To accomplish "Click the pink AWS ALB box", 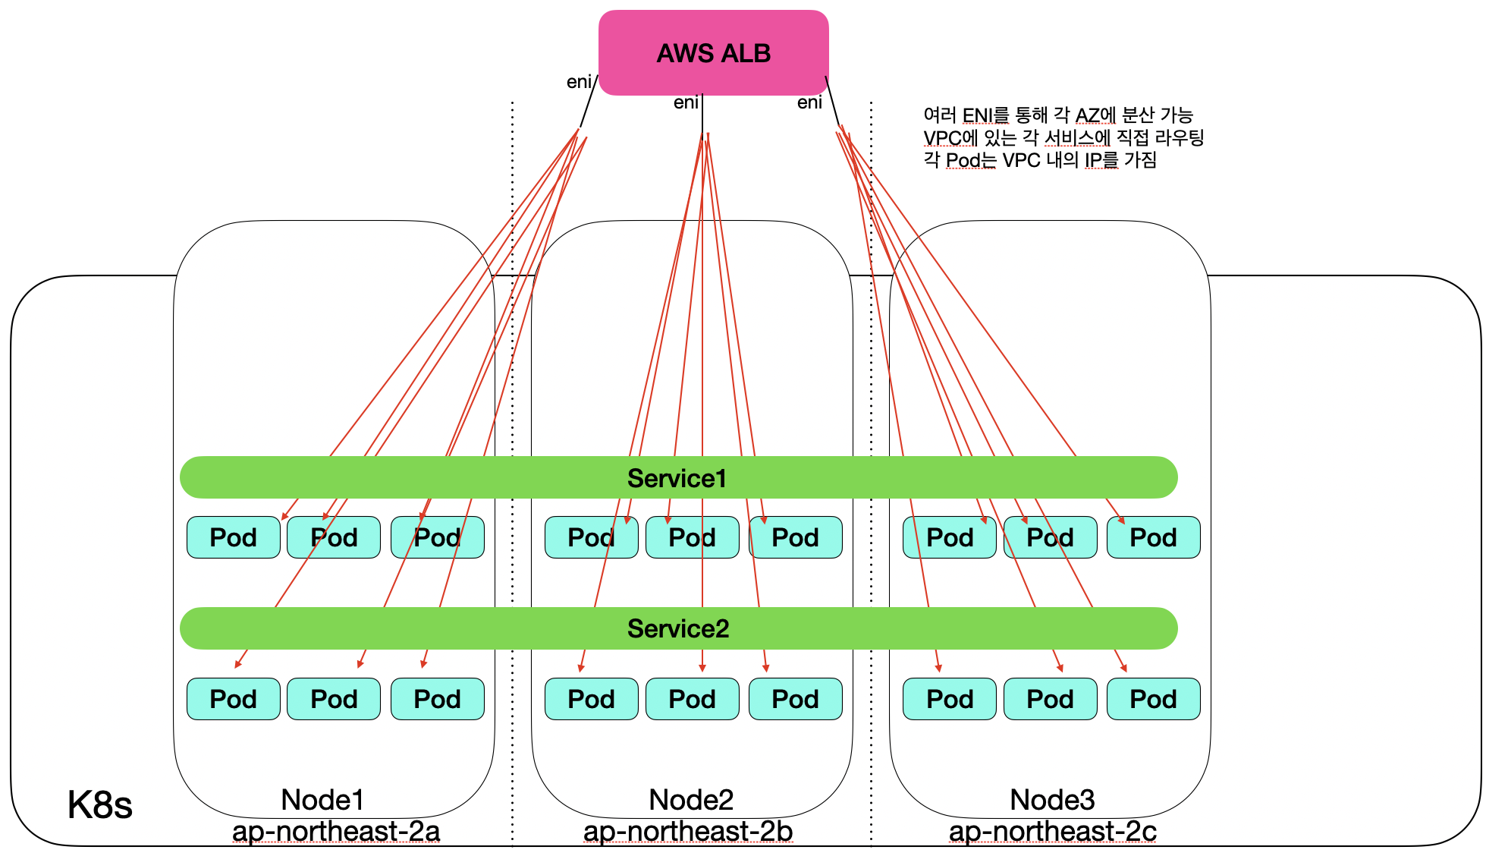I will click(713, 53).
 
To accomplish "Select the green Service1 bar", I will click(677, 478).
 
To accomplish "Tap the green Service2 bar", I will click(677, 628).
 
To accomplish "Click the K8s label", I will click(99, 804).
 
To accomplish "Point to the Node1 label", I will click(322, 800).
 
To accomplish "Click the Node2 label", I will click(691, 800).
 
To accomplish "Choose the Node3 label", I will click(1052, 800).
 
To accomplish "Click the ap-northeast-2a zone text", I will click(336, 831).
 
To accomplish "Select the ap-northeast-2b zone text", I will click(688, 831).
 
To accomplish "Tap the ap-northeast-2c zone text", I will click(1052, 831).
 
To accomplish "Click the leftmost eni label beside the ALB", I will click(579, 82).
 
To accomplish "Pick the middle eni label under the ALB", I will click(686, 102).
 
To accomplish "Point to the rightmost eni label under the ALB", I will click(809, 102).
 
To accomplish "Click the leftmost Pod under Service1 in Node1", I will click(233, 537).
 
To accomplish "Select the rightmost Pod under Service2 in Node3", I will click(1153, 699).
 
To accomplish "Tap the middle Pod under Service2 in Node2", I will click(692, 699).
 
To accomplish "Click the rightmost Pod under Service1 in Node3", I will click(1153, 537).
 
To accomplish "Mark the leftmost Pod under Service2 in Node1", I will click(233, 699).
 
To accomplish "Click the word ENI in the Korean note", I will click(977, 115).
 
